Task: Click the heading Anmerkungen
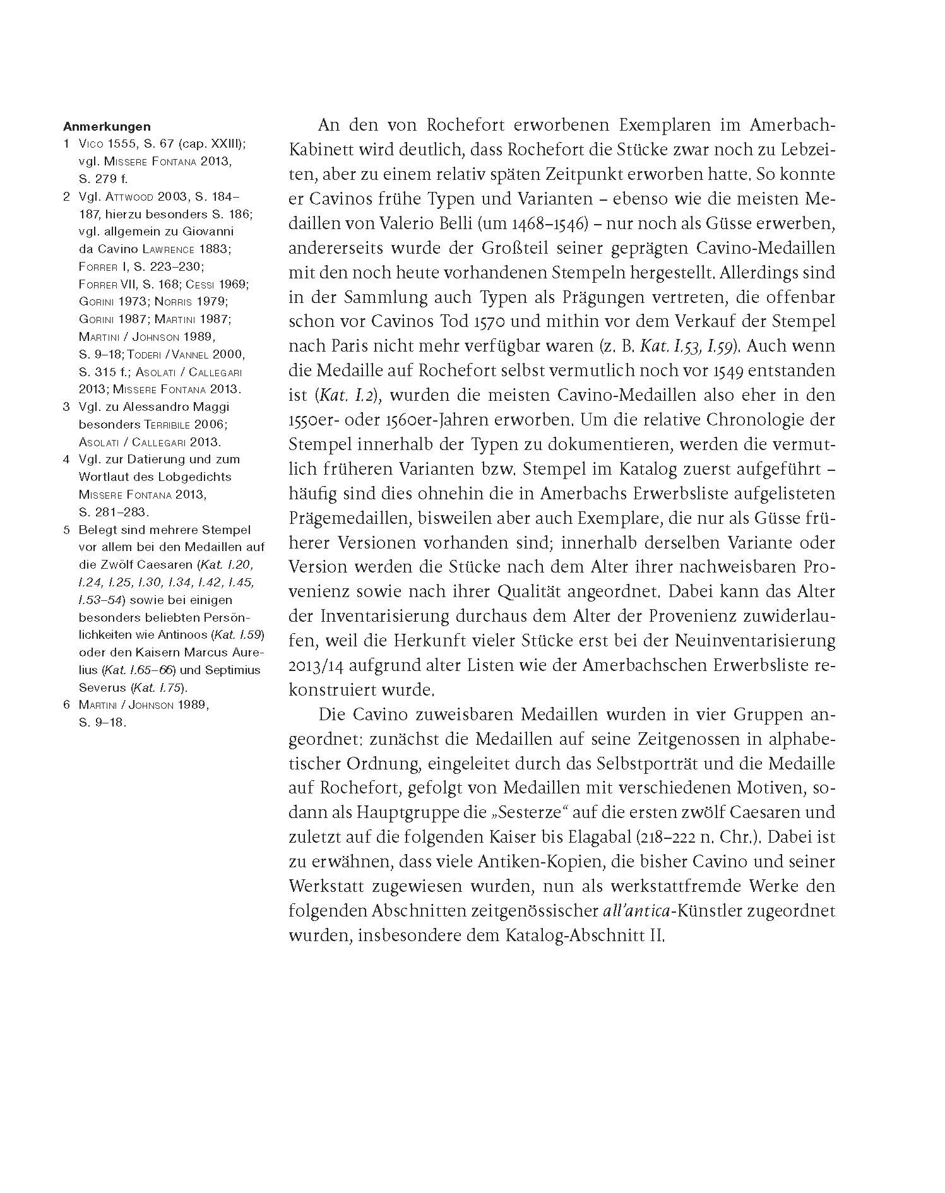coord(107,126)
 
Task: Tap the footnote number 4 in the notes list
coord(66,460)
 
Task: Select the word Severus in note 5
coord(102,687)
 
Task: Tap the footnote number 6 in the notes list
coord(66,704)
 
